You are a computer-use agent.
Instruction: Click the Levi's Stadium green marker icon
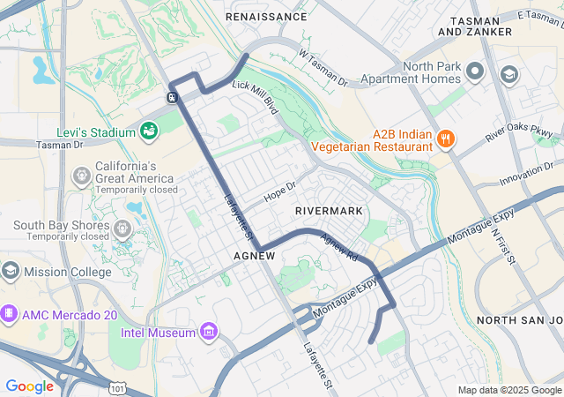click(151, 131)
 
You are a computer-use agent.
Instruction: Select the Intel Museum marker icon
click(209, 332)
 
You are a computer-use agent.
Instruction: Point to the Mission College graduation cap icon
click(11, 271)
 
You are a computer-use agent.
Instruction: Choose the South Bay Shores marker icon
click(122, 229)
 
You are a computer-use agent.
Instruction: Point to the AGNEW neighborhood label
click(255, 255)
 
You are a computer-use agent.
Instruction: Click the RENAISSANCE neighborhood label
click(267, 17)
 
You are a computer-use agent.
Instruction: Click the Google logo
click(29, 386)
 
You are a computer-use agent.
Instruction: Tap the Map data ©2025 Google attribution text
click(509, 390)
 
